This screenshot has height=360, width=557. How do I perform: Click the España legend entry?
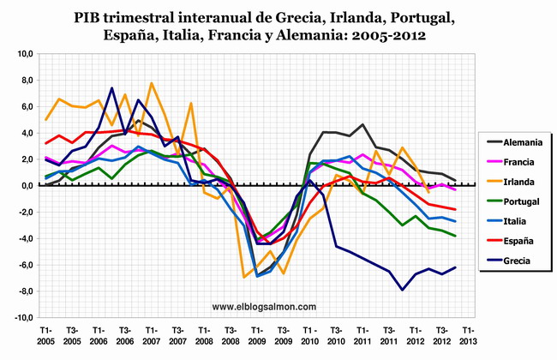coord(512,242)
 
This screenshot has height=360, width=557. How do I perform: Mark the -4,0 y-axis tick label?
coord(22,238)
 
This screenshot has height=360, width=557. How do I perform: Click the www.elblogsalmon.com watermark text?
coord(264,306)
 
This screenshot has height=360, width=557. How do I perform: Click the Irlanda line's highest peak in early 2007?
coord(151,83)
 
